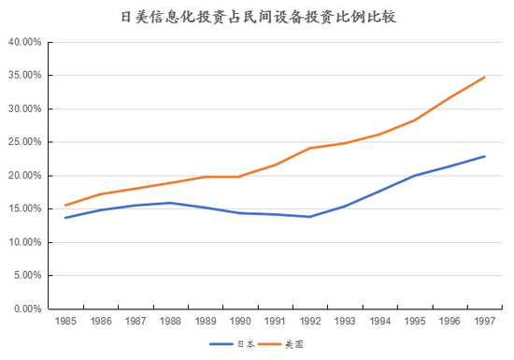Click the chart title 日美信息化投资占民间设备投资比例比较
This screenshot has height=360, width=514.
[x=258, y=17]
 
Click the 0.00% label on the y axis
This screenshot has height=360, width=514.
[x=25, y=309]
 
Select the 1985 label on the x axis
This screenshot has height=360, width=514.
[x=64, y=322]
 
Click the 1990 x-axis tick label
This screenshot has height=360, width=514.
[x=239, y=322]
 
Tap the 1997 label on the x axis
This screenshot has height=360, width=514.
[x=484, y=322]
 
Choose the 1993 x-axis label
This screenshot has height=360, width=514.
[x=344, y=322]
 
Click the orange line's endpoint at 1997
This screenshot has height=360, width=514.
[x=484, y=77]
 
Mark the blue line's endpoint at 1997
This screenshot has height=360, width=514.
[x=484, y=156]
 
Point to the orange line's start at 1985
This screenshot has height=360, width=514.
[x=64, y=206]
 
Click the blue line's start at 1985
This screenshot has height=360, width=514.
[x=64, y=218]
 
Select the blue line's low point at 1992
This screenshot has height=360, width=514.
[x=309, y=217]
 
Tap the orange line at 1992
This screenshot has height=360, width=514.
[x=309, y=148]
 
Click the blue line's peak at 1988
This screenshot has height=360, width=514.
[x=169, y=203]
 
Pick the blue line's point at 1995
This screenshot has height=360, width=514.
[x=414, y=176]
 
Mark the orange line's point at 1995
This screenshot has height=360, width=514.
[x=414, y=121]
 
